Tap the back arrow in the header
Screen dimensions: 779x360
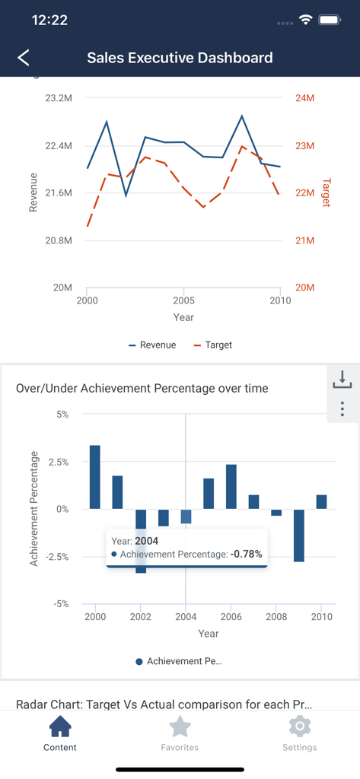[24, 58]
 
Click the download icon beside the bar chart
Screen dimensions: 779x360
[342, 379]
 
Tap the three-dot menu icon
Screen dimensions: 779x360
[342, 409]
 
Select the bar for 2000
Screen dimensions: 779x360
[95, 477]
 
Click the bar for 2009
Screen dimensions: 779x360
[299, 536]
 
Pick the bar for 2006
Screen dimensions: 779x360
[231, 487]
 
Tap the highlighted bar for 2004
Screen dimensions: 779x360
[186, 517]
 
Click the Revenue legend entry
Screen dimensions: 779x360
[153, 345]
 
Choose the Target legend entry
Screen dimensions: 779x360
[213, 345]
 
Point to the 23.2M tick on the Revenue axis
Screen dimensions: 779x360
[59, 98]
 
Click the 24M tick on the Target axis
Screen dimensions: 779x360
[304, 98]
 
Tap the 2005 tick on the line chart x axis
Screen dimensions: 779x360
[183, 300]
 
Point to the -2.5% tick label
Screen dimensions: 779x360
[55, 557]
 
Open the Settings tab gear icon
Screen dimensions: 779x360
[300, 727]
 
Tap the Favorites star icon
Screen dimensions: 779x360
[180, 727]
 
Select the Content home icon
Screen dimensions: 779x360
[60, 727]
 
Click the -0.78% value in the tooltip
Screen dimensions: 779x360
[247, 555]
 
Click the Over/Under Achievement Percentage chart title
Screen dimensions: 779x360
[142, 389]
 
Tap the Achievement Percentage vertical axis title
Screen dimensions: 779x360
[34, 508]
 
